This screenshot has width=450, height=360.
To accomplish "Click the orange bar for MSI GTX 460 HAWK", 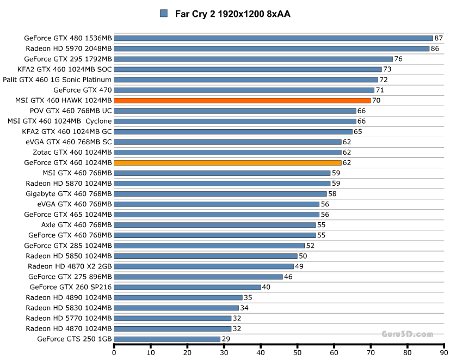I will tap(242, 100).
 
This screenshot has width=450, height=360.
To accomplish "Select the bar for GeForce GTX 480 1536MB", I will tap(273, 38).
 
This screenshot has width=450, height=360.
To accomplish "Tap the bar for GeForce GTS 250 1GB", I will tap(167, 339).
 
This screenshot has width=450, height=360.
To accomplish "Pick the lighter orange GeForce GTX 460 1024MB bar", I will tap(227, 162).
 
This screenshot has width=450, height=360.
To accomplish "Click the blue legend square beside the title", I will tap(164, 14).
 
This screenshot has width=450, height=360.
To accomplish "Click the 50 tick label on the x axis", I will tap(298, 352).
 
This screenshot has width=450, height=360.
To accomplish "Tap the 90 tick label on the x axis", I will tap(445, 352).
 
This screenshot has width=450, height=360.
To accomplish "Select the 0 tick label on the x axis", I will tap(114, 352).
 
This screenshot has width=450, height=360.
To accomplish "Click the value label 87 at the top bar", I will tap(438, 38).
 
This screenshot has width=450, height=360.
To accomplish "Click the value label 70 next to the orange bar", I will tap(376, 100).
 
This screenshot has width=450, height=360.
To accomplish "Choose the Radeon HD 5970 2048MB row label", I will tap(69, 48).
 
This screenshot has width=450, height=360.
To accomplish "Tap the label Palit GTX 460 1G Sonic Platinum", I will tap(57, 80).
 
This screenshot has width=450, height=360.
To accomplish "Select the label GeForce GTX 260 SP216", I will tap(71, 287).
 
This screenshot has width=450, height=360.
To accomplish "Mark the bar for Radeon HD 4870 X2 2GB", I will tap(204, 266).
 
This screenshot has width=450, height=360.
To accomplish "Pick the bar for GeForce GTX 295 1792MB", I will tap(253, 59).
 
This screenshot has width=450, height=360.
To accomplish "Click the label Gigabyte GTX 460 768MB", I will tap(69, 193).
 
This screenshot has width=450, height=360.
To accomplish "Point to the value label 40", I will tap(266, 287).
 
